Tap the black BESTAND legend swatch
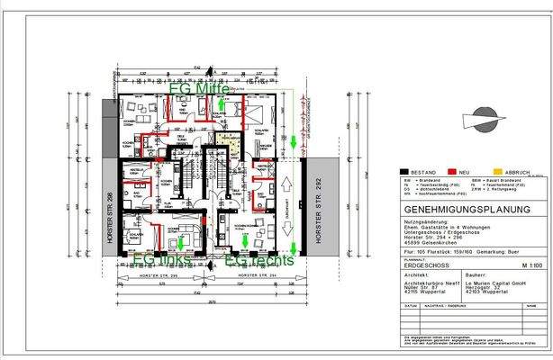tap(407, 171)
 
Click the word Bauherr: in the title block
tap(476, 274)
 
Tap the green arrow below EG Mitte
tap(221, 108)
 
